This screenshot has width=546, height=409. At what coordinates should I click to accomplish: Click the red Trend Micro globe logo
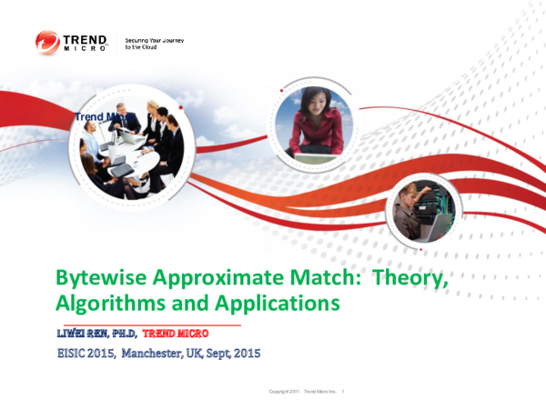(47, 42)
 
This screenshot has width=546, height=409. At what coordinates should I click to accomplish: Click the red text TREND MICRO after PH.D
(183, 334)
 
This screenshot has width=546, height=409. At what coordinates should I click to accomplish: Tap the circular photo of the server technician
(420, 210)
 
